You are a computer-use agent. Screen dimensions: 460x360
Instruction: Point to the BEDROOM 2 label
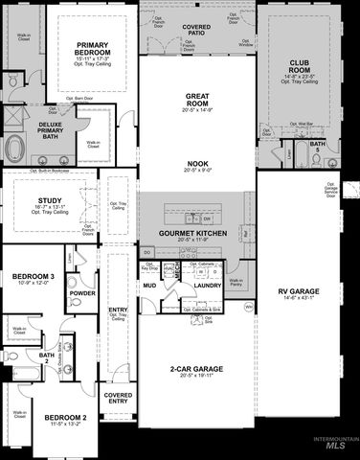65,418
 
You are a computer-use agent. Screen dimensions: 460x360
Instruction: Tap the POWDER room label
82,293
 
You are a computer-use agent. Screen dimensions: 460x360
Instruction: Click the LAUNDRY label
208,284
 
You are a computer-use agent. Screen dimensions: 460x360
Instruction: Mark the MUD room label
149,285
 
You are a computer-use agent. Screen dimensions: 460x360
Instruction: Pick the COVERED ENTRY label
119,399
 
